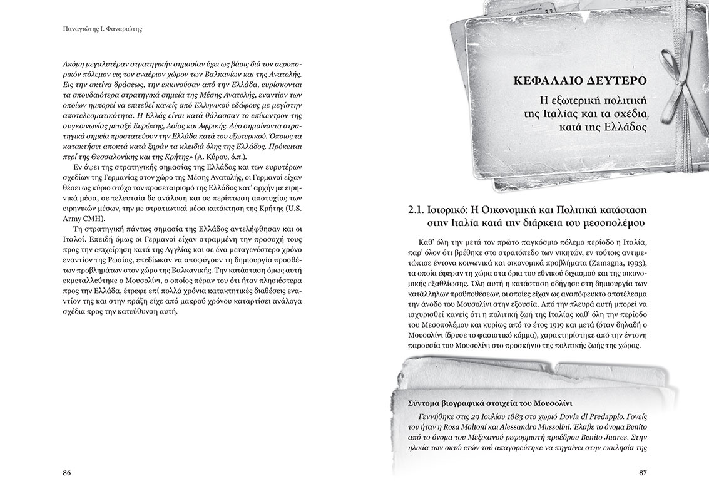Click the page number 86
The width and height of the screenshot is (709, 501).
pos(68,473)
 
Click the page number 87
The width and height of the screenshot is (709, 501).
pos(641,473)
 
